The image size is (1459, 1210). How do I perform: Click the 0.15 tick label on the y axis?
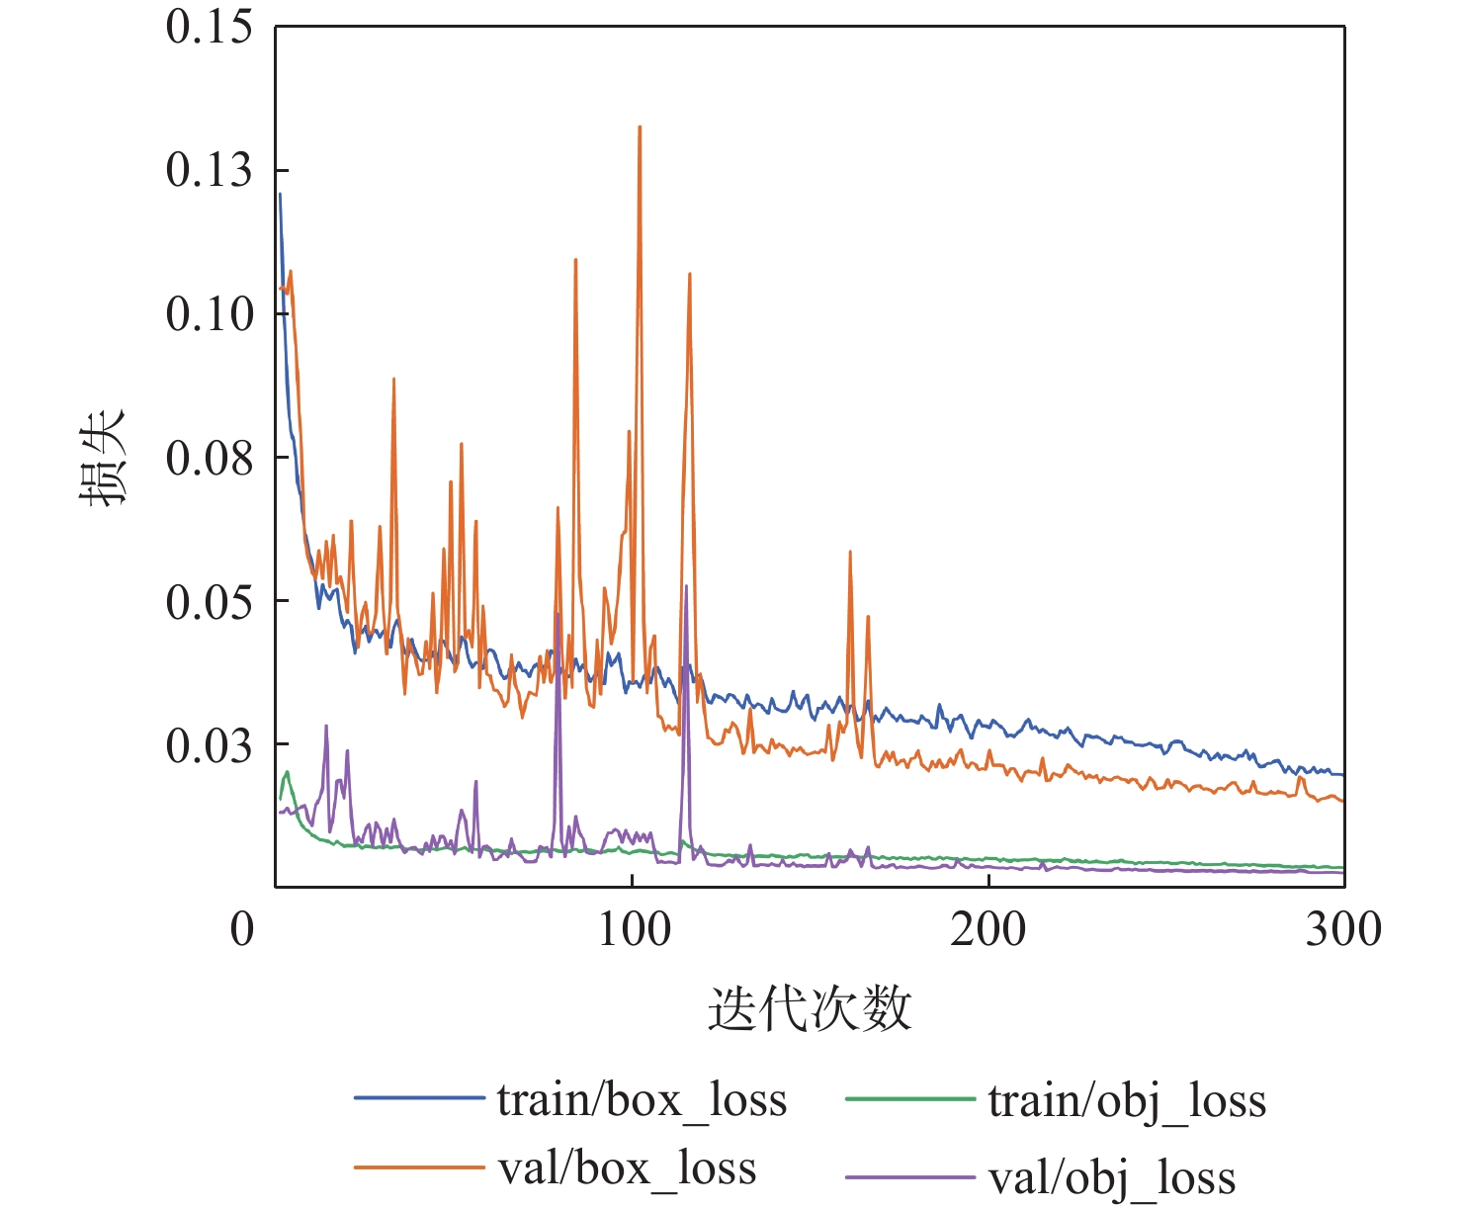209,27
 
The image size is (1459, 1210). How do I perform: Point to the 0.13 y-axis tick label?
209,170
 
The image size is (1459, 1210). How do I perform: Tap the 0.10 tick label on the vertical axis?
209,313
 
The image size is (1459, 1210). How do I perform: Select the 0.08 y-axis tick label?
209,458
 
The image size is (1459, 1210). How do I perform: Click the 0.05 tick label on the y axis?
209,601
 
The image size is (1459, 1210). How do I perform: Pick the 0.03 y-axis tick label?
209,744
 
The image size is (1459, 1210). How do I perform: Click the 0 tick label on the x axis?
242,929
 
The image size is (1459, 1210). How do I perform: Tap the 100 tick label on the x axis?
633,929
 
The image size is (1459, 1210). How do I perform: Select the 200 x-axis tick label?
988,929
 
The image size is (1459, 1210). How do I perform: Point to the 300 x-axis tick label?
1343,929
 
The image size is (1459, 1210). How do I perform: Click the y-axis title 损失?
103,457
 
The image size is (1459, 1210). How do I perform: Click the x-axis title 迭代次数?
810,1009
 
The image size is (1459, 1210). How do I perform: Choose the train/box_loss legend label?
642,1099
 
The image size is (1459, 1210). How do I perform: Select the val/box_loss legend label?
627,1168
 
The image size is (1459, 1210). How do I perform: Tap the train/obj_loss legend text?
1127,1099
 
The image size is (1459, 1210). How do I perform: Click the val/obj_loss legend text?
1111,1177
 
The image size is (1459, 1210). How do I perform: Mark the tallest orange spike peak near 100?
640,127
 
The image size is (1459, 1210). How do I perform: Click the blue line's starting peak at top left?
280,194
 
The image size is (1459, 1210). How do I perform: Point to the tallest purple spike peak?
686,586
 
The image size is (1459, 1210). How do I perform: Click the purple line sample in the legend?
910,1177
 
